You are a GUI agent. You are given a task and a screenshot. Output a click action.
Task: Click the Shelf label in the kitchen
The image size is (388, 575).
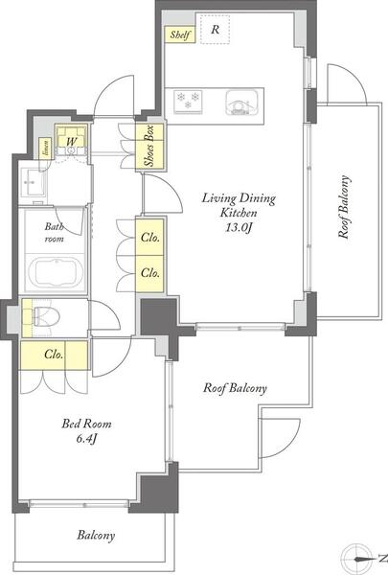[180, 34]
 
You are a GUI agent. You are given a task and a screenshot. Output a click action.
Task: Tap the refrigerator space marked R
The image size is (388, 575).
[215, 30]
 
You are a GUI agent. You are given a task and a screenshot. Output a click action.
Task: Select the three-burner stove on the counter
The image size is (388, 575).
[188, 100]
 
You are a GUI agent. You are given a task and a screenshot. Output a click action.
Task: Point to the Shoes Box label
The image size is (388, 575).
[148, 146]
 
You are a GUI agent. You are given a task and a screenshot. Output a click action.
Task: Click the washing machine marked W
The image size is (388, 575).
[72, 142]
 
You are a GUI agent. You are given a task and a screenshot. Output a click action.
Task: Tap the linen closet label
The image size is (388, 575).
[46, 148]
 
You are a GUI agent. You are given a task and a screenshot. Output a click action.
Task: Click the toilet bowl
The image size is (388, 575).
[46, 316]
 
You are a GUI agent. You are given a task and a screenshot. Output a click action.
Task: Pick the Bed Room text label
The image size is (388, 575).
[86, 424]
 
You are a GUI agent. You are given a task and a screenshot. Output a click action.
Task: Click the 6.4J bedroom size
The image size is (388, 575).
[86, 439]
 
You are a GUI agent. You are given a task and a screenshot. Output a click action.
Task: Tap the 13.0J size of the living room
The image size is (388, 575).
[239, 228]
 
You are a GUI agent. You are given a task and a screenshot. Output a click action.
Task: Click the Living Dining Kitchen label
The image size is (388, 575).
[239, 205]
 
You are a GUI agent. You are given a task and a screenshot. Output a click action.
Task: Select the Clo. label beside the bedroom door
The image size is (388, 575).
[54, 355]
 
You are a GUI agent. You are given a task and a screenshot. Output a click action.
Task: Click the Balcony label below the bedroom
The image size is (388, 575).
[96, 536]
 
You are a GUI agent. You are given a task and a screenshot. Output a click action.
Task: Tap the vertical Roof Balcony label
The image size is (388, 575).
[344, 208]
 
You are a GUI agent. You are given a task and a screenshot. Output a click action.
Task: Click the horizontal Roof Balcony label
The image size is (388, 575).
[235, 388]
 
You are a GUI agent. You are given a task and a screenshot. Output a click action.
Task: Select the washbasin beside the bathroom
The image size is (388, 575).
[34, 182]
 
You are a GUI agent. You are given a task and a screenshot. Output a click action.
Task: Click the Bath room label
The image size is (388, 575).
[54, 233]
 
